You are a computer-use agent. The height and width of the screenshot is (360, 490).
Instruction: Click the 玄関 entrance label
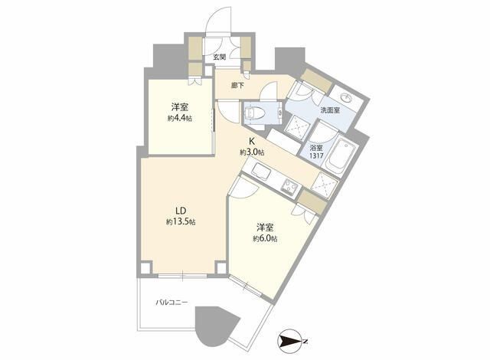click(219, 57)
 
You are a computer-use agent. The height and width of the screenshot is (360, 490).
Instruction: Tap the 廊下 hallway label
click(237, 86)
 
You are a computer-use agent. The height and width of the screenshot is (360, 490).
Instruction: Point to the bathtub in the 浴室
click(341, 156)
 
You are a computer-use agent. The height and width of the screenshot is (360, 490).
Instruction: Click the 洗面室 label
click(330, 110)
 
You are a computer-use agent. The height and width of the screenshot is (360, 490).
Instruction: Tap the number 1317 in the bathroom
click(316, 155)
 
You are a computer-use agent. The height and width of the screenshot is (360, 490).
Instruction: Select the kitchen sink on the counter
click(262, 172)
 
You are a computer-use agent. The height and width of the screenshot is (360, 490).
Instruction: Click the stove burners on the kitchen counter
click(290, 188)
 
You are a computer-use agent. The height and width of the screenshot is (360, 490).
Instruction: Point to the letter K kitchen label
click(252, 141)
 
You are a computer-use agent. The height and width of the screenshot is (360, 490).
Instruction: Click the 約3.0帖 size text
click(252, 152)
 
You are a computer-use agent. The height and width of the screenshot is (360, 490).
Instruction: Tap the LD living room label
click(181, 211)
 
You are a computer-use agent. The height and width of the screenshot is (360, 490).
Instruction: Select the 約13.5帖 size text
click(181, 222)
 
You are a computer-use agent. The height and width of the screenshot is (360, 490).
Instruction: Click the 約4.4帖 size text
click(179, 119)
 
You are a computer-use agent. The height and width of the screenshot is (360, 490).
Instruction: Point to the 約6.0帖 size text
click(265, 239)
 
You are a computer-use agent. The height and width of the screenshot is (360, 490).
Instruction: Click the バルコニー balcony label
click(171, 303)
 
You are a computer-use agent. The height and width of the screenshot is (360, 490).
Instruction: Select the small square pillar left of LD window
click(146, 268)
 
